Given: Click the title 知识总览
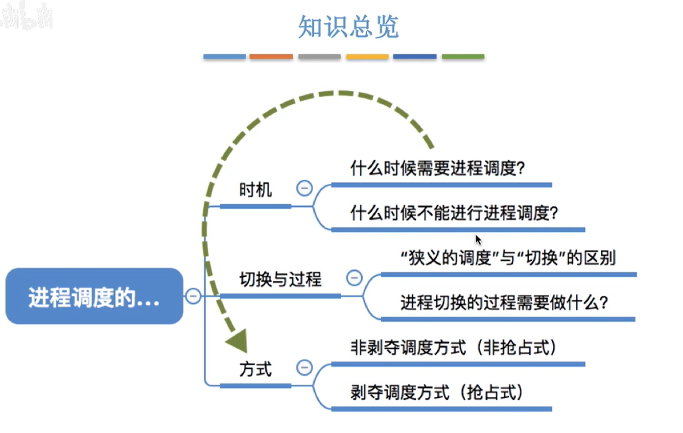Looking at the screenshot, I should point(348,26).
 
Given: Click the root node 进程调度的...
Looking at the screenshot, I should point(94,296).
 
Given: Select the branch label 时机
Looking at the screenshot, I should point(255,190).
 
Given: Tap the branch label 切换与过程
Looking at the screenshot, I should point(280,279).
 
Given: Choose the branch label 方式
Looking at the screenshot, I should point(255,369).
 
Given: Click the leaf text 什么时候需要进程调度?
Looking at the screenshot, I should point(437,168).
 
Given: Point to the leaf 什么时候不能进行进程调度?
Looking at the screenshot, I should point(454,213).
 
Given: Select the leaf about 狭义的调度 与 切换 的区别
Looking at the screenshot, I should point(508,258).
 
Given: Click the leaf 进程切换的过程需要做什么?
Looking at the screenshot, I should point(504,302).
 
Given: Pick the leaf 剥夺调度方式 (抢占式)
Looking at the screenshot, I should point(437,392).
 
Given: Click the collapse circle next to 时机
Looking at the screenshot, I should point(304,188).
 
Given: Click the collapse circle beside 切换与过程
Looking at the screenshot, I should point(354,278).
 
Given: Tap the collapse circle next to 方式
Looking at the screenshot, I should point(304,367).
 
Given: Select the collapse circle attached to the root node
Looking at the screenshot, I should point(193,296).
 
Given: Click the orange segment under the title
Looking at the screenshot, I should point(271,57).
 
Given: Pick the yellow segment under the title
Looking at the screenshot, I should point(367,57).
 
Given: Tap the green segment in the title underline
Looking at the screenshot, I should point(463,57).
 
